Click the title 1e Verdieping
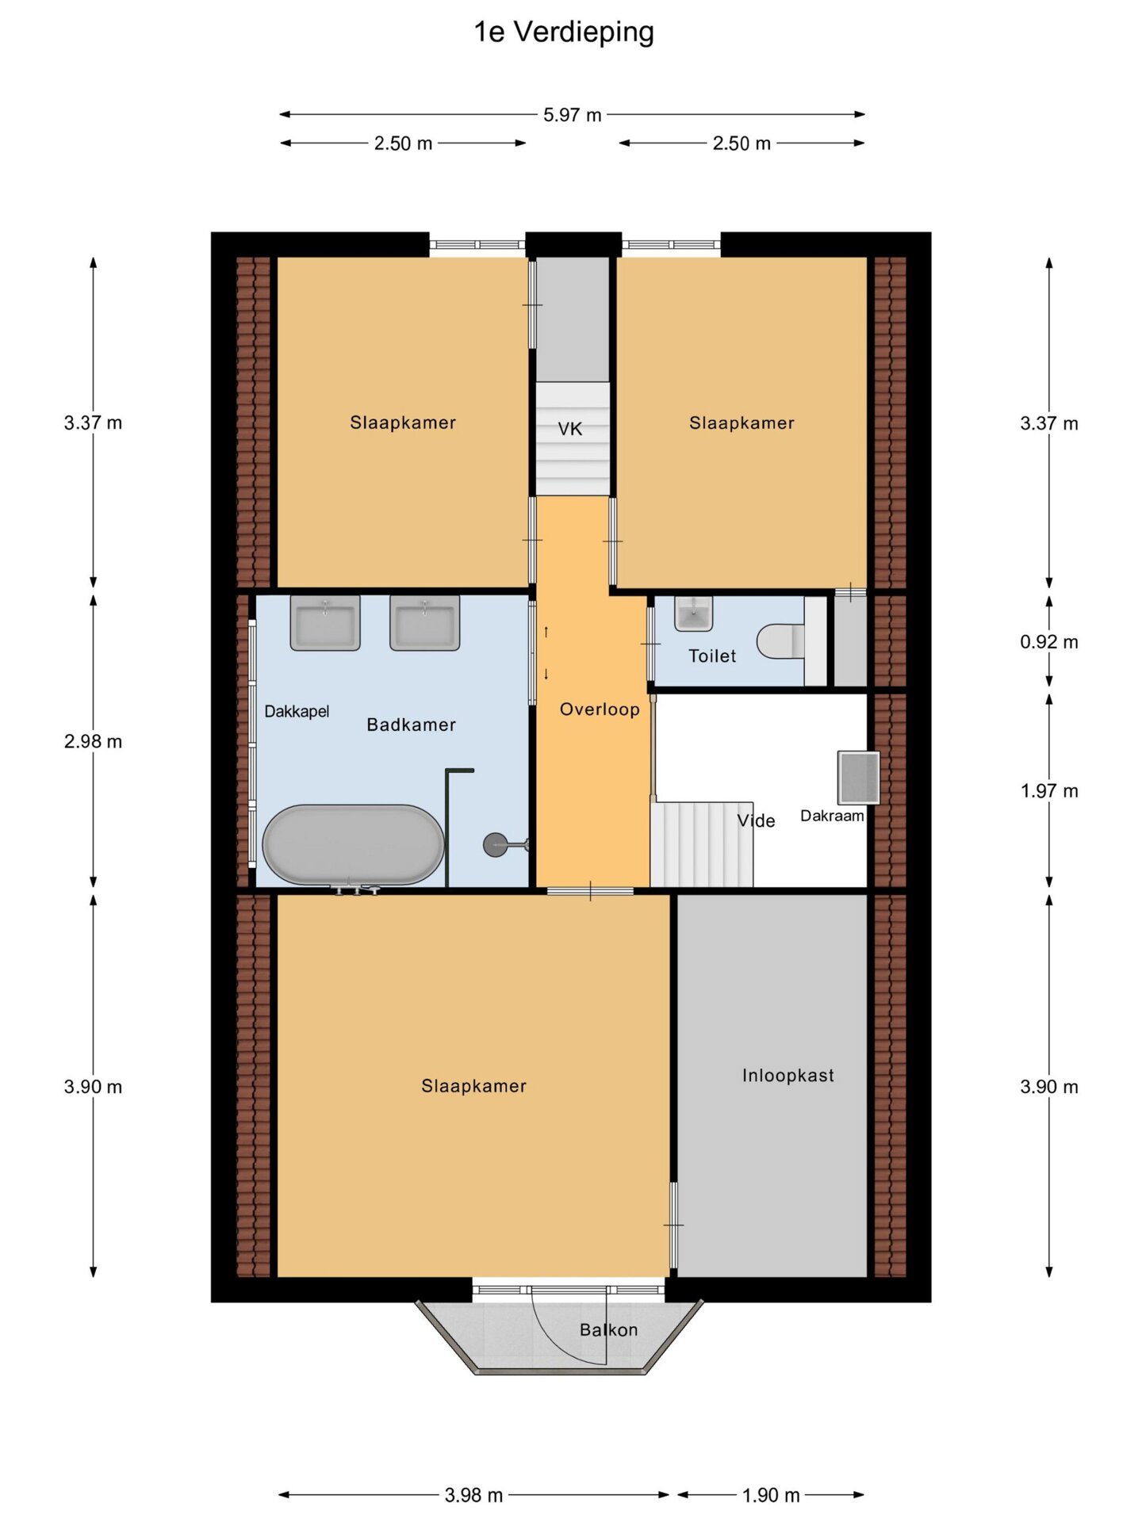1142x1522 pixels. (x=564, y=33)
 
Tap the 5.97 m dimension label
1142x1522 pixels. (x=572, y=115)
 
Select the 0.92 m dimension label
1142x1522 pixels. (x=1048, y=642)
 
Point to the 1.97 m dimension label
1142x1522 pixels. (x=1048, y=791)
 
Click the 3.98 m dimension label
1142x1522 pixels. (x=473, y=1495)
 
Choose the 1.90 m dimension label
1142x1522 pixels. (x=771, y=1495)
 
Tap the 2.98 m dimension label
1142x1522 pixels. (x=93, y=742)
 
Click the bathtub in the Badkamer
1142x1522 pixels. (x=354, y=845)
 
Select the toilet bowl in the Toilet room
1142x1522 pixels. (x=780, y=642)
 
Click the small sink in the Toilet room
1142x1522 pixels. (x=694, y=614)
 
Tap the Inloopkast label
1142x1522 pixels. (x=788, y=1076)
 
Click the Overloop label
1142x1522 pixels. (x=600, y=709)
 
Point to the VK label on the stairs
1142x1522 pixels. (x=569, y=430)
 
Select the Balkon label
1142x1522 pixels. (x=608, y=1330)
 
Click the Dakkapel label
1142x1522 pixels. (x=297, y=712)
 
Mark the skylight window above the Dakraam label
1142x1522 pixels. (x=859, y=778)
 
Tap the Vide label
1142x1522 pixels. (x=756, y=821)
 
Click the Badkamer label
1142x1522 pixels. (x=411, y=725)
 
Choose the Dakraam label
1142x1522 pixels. (x=832, y=816)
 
